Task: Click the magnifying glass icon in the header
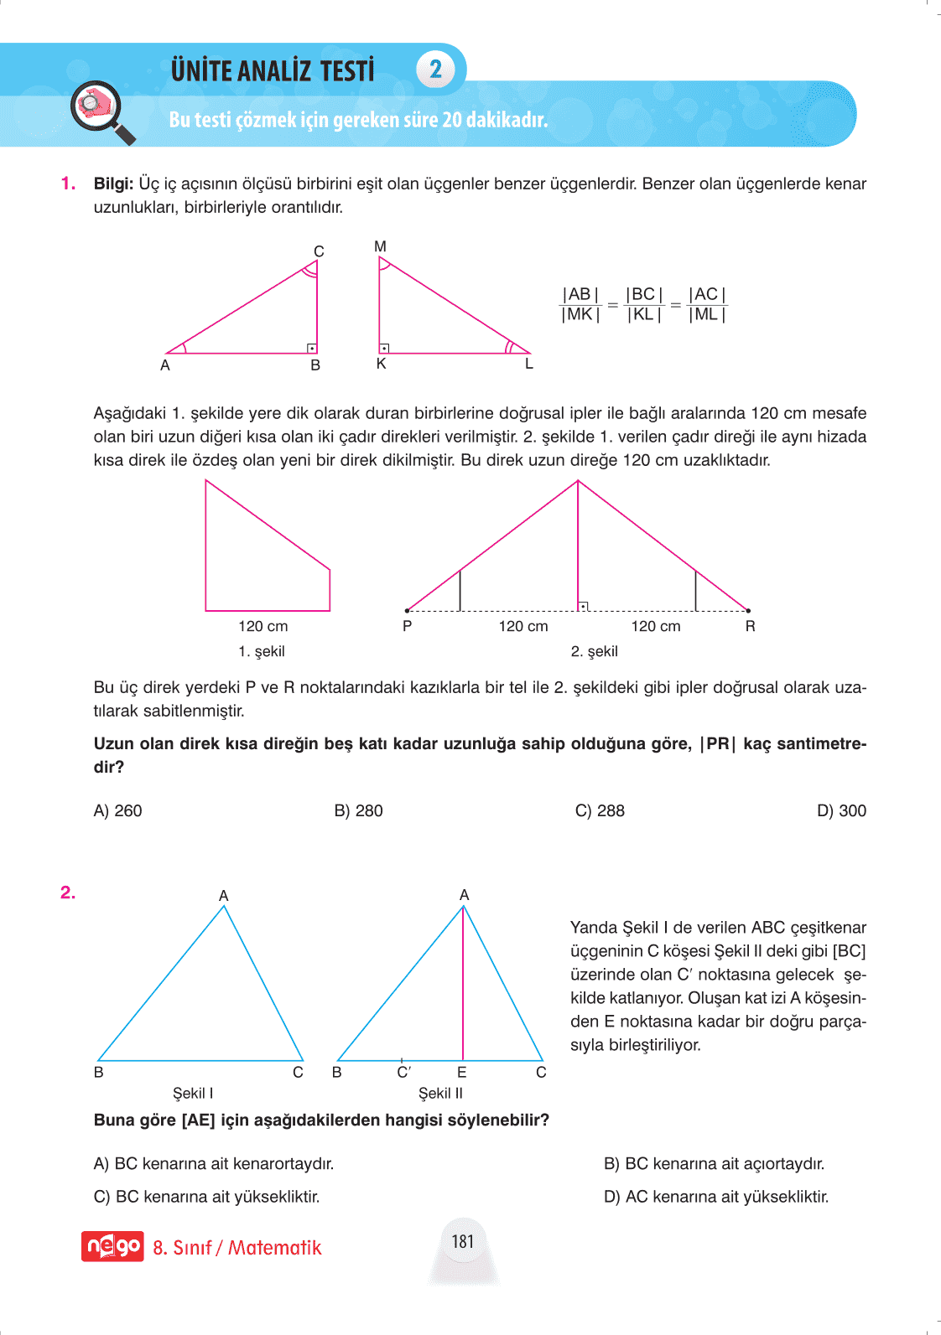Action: [102, 111]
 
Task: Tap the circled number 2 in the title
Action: [435, 69]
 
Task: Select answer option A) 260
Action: [118, 810]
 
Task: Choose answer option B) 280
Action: [358, 810]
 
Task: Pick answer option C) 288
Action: [600, 810]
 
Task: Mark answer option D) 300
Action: [841, 810]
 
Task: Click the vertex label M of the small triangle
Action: [380, 246]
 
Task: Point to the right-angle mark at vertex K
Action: [384, 348]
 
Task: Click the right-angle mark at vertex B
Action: [312, 348]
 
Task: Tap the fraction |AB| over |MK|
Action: [580, 304]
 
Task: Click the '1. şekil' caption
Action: [262, 651]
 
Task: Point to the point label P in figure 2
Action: [407, 626]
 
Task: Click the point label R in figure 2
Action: [750, 626]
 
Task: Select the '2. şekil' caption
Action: [594, 651]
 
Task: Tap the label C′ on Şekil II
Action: [403, 1072]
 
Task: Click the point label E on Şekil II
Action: [461, 1072]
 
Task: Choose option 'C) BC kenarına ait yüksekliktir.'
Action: [206, 1197]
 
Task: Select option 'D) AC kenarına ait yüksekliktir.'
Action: [716, 1197]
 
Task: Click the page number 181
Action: [463, 1241]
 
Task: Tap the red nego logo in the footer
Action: [112, 1246]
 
